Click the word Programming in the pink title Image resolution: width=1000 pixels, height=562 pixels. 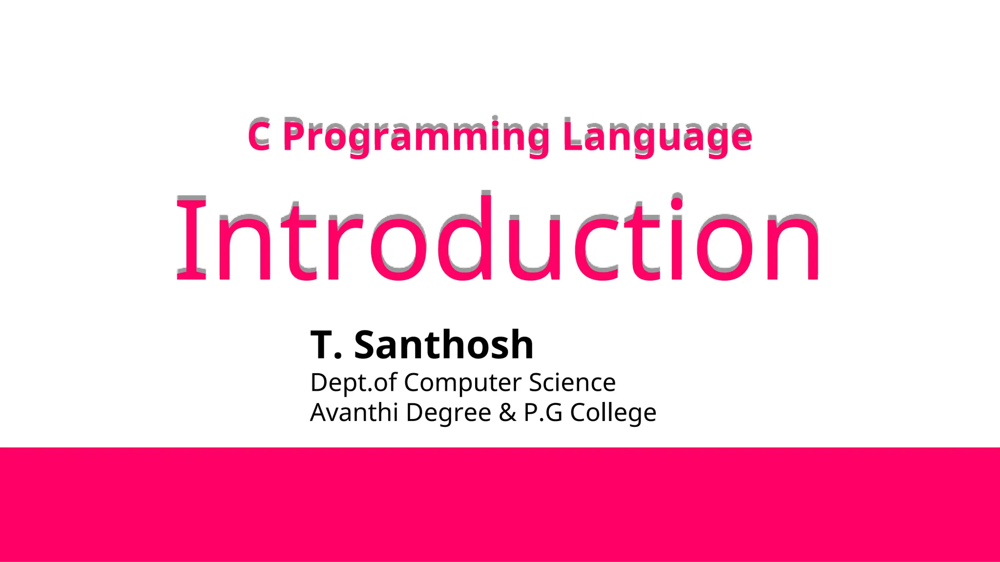[416, 136]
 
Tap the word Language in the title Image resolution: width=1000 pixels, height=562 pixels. [657, 136]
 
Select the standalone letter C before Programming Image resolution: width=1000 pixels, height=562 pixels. [259, 135]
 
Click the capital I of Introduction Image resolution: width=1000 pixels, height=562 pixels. [191, 239]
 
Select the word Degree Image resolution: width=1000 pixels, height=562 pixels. [448, 413]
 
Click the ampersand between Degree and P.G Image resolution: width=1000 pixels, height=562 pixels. [507, 413]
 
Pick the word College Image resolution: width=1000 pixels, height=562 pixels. [613, 413]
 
